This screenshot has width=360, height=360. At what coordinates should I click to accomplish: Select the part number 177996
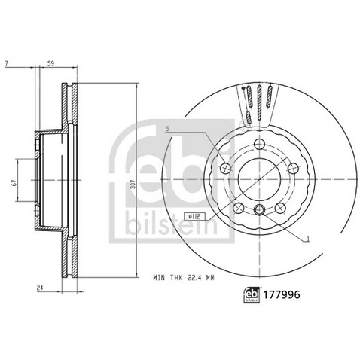(x=282, y=297)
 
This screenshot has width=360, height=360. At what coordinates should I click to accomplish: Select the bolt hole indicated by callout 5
(x=224, y=167)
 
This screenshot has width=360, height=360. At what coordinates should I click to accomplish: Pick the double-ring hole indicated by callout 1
(x=260, y=211)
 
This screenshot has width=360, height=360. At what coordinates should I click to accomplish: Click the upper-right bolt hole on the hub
(x=294, y=167)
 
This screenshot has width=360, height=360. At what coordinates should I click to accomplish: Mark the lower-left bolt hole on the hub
(x=237, y=207)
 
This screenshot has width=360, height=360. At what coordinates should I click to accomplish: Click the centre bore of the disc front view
(x=260, y=178)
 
